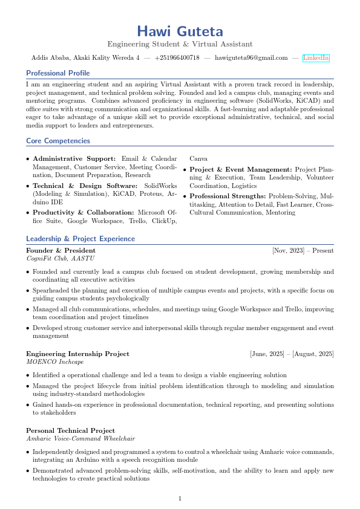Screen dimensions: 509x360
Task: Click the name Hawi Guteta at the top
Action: pyautogui.click(x=180, y=31)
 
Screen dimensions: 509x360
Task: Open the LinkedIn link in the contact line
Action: pyautogui.click(x=316, y=57)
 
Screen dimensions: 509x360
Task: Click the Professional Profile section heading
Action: pyautogui.click(x=58, y=73)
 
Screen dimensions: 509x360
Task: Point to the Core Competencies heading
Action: pyautogui.click(x=58, y=141)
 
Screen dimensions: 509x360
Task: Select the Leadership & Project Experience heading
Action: pyautogui.click(x=80, y=239)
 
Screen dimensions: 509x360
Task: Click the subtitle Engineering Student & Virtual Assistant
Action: pyautogui.click(x=180, y=44)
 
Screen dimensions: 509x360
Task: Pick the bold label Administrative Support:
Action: pyautogui.click(x=74, y=159)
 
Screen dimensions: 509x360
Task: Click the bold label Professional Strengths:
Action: pyautogui.click(x=228, y=196)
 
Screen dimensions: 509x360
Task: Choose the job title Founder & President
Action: pyautogui.click(x=61, y=250)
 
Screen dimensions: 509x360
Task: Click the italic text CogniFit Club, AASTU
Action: pyautogui.click(x=61, y=258)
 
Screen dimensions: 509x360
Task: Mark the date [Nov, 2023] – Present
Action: pyautogui.click(x=303, y=250)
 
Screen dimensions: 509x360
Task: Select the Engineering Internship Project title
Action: pyautogui.click(x=77, y=354)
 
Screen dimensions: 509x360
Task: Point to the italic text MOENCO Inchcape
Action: pyautogui.click(x=55, y=361)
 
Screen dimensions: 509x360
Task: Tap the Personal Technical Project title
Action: pyautogui.click(x=70, y=430)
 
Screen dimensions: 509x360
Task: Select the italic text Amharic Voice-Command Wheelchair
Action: pyautogui.click(x=80, y=438)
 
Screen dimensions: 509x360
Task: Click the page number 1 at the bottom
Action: pyautogui.click(x=180, y=499)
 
